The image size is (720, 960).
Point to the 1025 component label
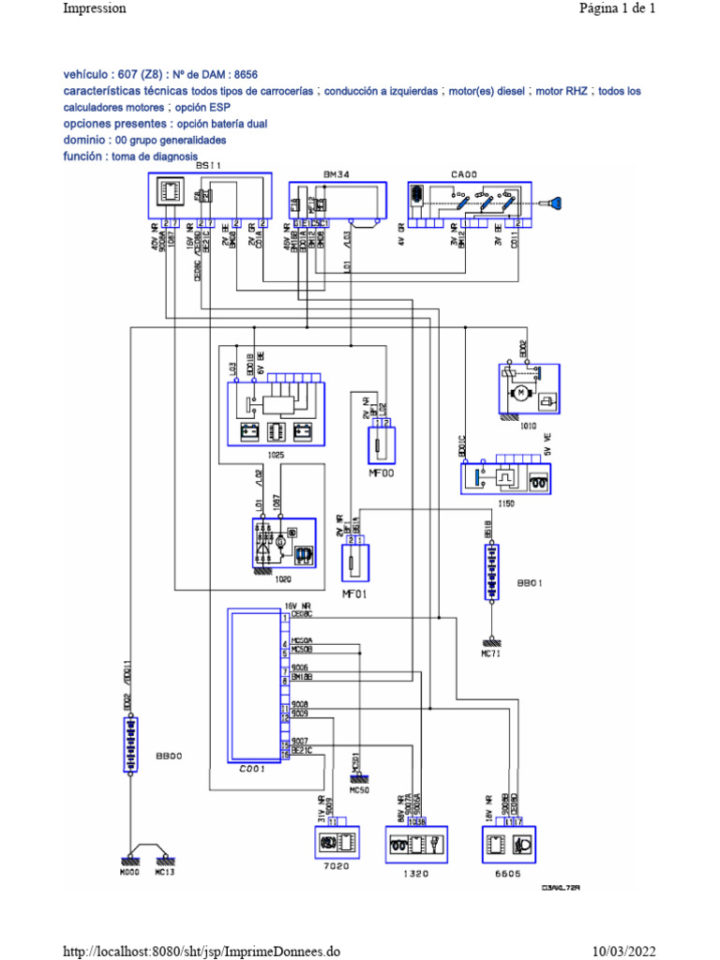pyautogui.click(x=276, y=456)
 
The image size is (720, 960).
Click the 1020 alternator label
pyautogui.click(x=283, y=579)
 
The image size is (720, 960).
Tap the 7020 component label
pyautogui.click(x=336, y=866)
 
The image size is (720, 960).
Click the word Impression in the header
pyautogui.click(x=94, y=8)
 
